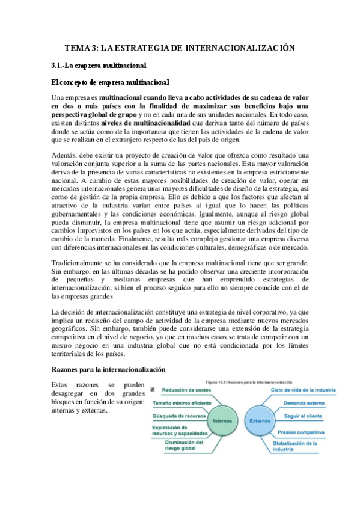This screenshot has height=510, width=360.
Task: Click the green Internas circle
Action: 224,421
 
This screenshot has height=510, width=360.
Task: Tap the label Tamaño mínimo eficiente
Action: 182,402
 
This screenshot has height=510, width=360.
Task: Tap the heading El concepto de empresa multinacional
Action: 111,81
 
